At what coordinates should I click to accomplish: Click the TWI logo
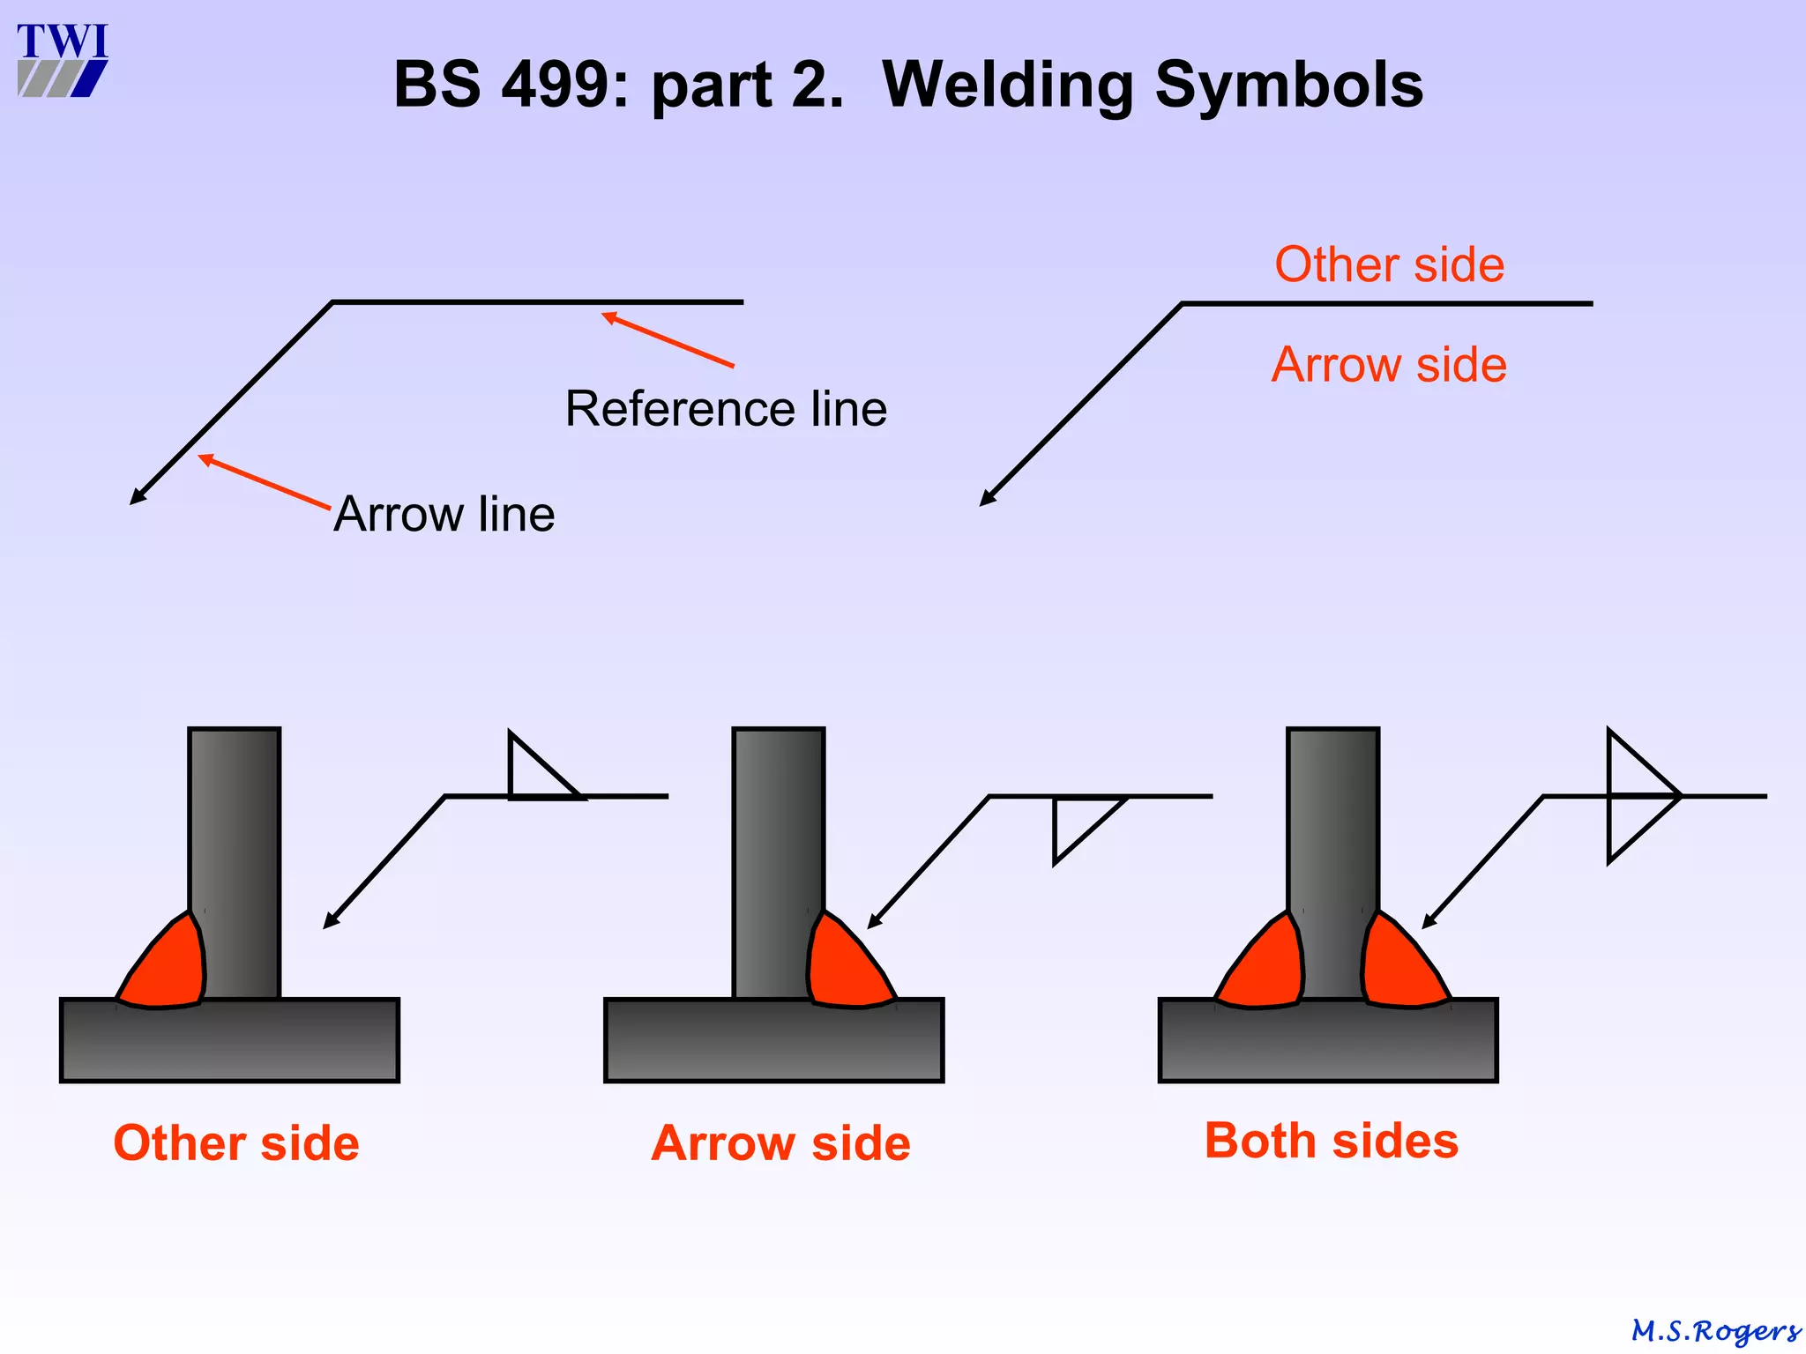point(62,60)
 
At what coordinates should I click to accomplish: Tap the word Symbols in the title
point(1289,86)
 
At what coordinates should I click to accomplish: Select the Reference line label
point(726,409)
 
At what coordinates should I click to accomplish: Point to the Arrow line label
point(444,514)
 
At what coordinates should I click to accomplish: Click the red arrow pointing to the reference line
point(668,339)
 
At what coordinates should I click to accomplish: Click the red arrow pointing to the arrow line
point(264,481)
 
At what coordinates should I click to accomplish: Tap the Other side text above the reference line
point(1389,264)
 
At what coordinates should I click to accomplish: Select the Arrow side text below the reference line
point(1389,365)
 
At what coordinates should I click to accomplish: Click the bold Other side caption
point(236,1143)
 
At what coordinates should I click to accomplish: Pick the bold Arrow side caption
point(780,1143)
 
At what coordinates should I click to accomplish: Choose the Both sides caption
point(1331,1141)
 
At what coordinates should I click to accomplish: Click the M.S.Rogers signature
point(1715,1330)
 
